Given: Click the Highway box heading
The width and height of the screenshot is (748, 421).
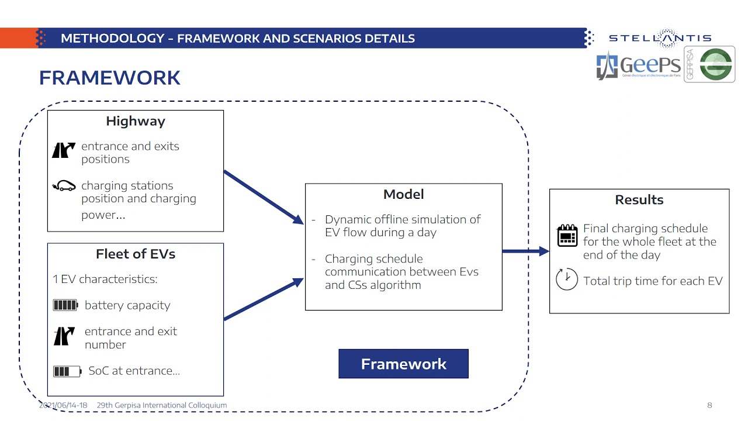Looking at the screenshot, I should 136,121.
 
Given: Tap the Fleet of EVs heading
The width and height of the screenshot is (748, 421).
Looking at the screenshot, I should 136,254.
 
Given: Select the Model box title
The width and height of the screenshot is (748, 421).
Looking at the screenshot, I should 403,194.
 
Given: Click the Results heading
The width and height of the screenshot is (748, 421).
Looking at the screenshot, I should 639,199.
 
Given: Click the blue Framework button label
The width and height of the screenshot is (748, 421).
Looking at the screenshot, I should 403,364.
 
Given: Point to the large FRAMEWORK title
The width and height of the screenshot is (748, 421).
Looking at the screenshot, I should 110,78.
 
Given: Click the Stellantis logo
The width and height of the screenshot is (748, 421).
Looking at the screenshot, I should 660,38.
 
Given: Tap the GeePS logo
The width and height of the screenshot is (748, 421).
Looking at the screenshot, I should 638,65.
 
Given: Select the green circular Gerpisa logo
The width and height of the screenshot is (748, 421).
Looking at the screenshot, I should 716,64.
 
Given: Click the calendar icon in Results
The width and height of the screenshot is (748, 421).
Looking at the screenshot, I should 567,235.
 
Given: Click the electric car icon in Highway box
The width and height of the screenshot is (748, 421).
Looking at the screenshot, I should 64,186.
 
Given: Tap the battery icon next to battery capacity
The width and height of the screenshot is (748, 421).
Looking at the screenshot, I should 65,305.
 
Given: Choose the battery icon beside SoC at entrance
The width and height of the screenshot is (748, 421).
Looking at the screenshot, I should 67,371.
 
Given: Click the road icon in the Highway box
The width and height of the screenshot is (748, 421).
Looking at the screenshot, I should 64,150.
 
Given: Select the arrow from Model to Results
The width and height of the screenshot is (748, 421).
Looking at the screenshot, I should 525,251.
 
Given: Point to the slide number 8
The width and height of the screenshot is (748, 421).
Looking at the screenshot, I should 709,405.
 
